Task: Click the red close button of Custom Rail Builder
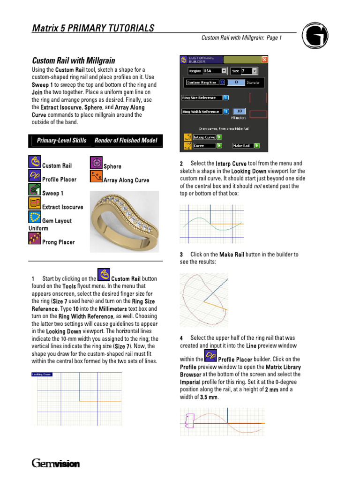click(x=264, y=60)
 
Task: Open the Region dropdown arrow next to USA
click(x=224, y=71)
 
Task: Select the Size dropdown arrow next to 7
click(x=255, y=71)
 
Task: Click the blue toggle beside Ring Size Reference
click(x=225, y=97)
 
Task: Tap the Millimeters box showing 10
click(x=239, y=112)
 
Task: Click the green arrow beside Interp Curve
click(x=219, y=137)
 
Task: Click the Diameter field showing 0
click(x=236, y=82)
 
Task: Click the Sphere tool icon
click(x=96, y=163)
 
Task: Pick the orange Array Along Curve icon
click(x=96, y=176)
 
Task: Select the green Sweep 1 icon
click(x=34, y=189)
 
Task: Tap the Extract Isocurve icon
click(x=34, y=203)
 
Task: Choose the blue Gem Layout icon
click(x=34, y=217)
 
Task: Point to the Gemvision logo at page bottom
click(x=56, y=464)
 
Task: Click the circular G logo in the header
click(x=315, y=36)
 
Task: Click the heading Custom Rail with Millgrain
click(x=74, y=60)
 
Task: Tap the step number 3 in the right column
click(x=181, y=255)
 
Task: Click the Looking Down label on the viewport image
click(x=42, y=375)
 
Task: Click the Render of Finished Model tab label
click(x=126, y=141)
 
